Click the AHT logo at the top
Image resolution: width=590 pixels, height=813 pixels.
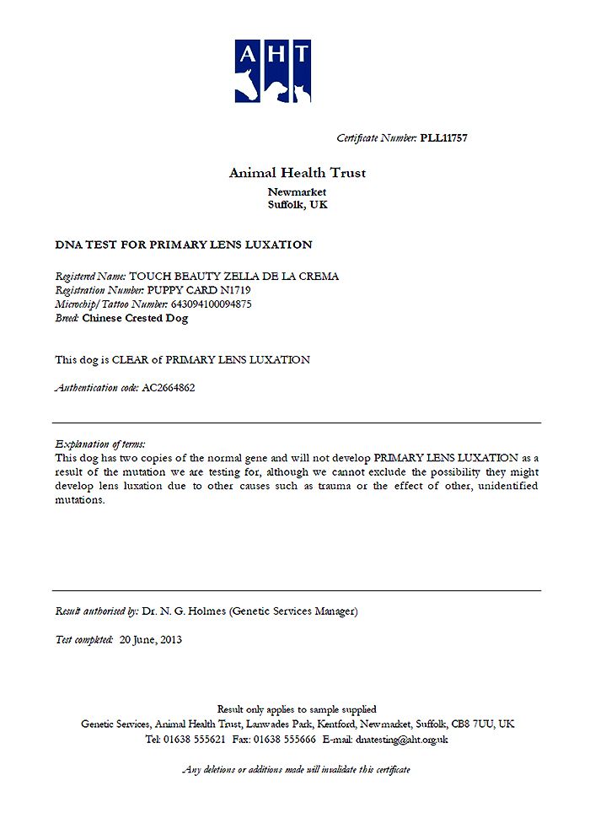pos(272,71)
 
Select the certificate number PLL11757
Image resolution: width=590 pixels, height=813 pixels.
pos(443,138)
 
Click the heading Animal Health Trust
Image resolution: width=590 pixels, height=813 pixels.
pos(297,173)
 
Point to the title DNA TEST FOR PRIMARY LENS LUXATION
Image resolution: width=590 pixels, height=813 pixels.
pos(183,245)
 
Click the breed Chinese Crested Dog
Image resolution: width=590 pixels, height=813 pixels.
pos(135,318)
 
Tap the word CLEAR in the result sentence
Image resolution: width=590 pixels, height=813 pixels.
pos(137,360)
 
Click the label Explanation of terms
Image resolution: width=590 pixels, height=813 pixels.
pos(99,444)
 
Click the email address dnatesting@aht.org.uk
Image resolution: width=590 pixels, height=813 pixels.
pos(402,739)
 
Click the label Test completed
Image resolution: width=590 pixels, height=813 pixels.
pos(83,639)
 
